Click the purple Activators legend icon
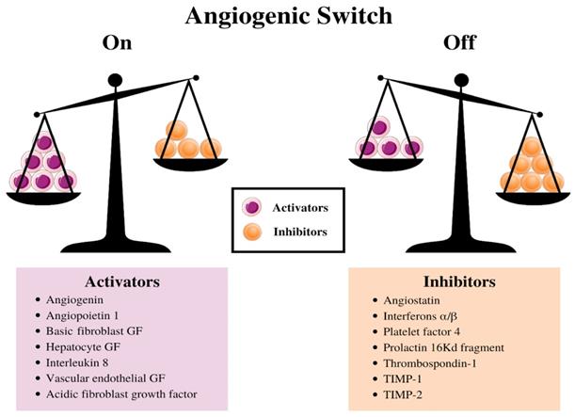(x=251, y=207)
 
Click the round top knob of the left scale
(x=114, y=80)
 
